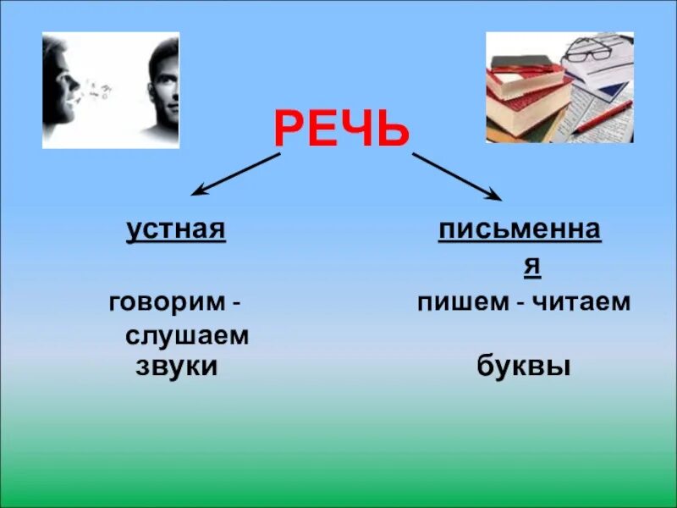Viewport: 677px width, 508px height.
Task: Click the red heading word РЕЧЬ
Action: coord(341,131)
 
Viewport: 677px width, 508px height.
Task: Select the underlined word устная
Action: coord(177,229)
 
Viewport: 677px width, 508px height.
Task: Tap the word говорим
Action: coord(167,302)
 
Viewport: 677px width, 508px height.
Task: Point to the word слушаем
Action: coord(187,335)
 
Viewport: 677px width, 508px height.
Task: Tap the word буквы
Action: coord(523,367)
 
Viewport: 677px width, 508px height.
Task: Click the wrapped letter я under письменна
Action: coord(531,265)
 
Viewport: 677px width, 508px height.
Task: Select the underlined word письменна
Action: coord(520,229)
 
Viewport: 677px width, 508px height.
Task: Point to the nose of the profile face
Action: coord(75,83)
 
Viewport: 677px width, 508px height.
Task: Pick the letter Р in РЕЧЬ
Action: coord(289,131)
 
